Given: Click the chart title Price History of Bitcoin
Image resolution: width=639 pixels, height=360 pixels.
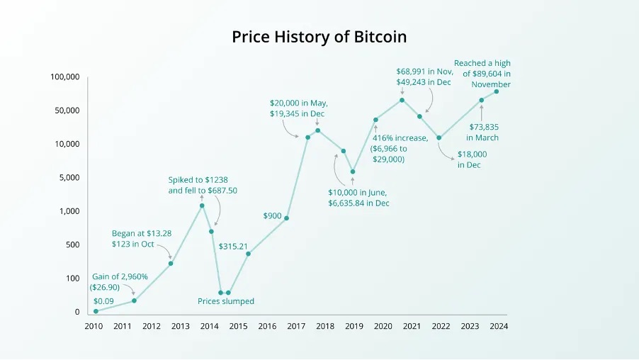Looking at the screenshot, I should pos(319,37).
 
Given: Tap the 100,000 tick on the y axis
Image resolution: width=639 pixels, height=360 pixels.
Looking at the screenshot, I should pos(65,77).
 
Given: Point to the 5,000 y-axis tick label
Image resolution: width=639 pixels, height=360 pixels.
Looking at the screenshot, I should pos(69,177).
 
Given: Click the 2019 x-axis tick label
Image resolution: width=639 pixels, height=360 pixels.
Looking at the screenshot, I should pos(354,327).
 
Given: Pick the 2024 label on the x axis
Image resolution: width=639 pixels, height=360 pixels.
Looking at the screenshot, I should pos(498,327).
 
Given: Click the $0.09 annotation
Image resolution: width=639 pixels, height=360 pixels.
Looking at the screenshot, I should pos(103,301).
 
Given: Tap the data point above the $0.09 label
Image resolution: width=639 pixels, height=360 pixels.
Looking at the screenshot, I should pos(96,311).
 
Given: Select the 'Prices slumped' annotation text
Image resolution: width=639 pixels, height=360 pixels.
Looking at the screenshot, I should pos(225,301).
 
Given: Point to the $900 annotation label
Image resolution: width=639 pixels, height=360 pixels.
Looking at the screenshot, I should pos(273,215).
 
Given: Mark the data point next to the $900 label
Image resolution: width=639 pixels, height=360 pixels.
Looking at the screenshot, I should pos(286,218).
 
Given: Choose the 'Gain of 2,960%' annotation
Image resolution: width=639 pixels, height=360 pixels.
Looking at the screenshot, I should pos(120,276).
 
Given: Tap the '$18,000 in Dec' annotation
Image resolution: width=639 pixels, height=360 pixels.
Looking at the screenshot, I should pos(471,159).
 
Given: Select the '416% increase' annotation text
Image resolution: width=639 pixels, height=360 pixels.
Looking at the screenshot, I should pos(400,138).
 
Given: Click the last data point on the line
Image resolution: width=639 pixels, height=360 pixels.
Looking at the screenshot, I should pos(496,91).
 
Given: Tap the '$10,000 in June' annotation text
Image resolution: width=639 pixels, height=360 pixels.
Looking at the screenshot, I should pos(358,192).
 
